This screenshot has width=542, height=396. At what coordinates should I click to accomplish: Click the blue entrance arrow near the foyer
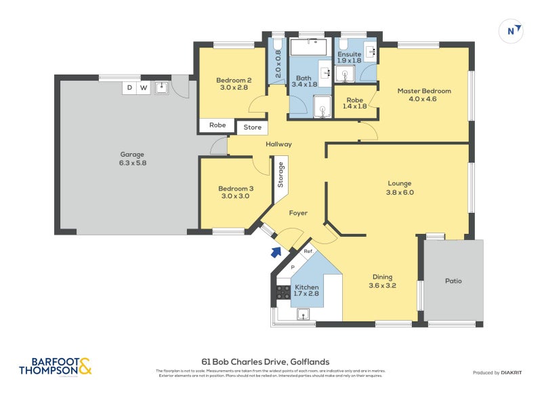[276, 253]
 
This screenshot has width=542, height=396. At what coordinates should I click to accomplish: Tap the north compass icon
[514, 31]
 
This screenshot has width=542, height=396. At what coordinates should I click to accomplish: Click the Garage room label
[132, 154]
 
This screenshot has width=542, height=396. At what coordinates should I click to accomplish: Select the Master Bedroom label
[423, 91]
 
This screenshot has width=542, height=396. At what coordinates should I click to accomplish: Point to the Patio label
[453, 280]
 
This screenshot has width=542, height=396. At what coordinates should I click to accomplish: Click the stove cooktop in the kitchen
[283, 292]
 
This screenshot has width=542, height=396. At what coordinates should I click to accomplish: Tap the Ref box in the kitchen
[308, 252]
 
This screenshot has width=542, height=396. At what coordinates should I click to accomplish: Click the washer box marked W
[144, 87]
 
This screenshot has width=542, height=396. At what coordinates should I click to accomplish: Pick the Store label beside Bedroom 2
[252, 127]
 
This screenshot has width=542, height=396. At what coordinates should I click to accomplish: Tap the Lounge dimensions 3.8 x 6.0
[400, 193]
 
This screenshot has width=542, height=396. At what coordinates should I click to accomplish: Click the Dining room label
[382, 276]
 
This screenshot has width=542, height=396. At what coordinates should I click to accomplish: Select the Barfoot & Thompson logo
[55, 367]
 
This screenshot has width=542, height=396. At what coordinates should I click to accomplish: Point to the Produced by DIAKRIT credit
[501, 373]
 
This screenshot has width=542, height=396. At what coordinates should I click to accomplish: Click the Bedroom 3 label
[236, 189]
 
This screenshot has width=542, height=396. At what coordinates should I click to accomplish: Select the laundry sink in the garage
[161, 87]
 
